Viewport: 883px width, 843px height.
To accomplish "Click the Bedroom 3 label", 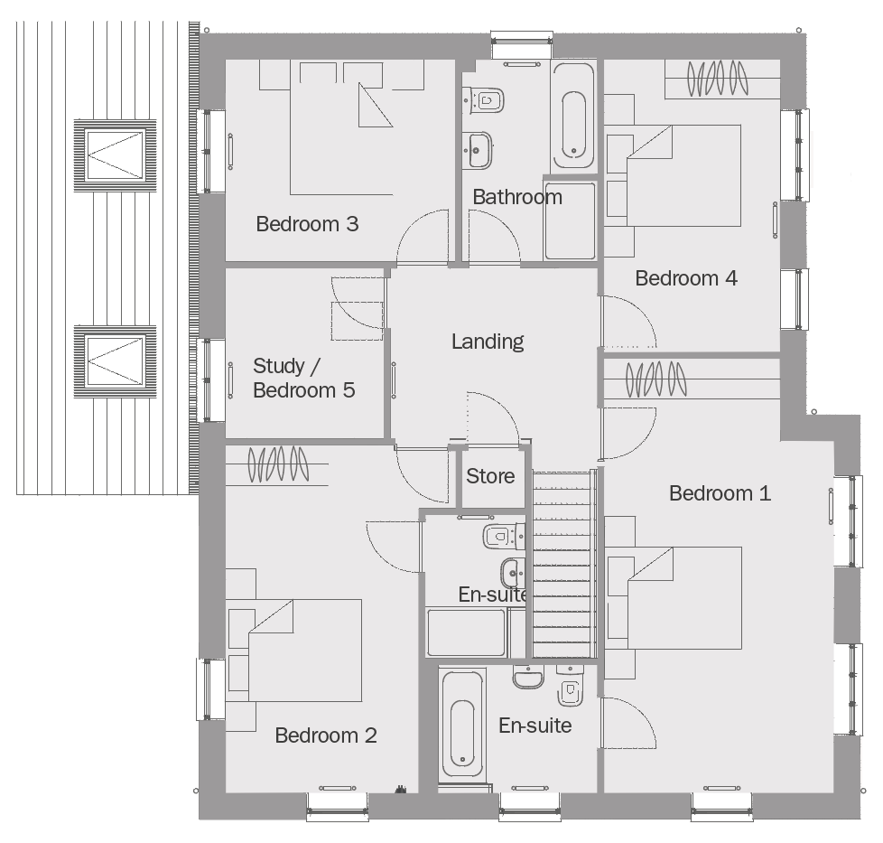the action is pos(307,224).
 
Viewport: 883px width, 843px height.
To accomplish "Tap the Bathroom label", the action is pos(517,197).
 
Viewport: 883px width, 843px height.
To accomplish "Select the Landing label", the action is pos(488,342).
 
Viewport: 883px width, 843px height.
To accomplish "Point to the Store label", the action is pos(490,476).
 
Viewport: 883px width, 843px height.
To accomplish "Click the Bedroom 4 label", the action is pos(686,278).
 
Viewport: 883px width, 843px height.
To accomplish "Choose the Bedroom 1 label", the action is pos(720,493).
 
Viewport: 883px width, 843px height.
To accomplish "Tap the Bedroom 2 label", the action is pos(326,735).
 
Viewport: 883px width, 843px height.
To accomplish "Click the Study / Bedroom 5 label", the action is pos(304,378).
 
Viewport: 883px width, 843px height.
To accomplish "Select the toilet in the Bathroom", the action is pos(483,100).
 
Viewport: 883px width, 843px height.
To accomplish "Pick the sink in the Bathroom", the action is pos(478,150).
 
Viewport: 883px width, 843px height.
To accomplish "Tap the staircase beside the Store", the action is pos(564,564).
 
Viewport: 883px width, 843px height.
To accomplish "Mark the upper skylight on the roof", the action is pos(115,155).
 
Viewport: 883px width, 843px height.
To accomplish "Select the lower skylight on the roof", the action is pos(115,361).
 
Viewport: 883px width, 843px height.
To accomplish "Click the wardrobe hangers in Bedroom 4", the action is pos(717,79).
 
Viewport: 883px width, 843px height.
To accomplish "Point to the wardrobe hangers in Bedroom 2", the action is pos(278,464).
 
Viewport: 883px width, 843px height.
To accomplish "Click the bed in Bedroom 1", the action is pos(674,598).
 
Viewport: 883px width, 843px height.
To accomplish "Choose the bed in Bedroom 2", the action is pos(293,651).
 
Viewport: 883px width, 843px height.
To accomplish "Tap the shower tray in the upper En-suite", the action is pos(466,632).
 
